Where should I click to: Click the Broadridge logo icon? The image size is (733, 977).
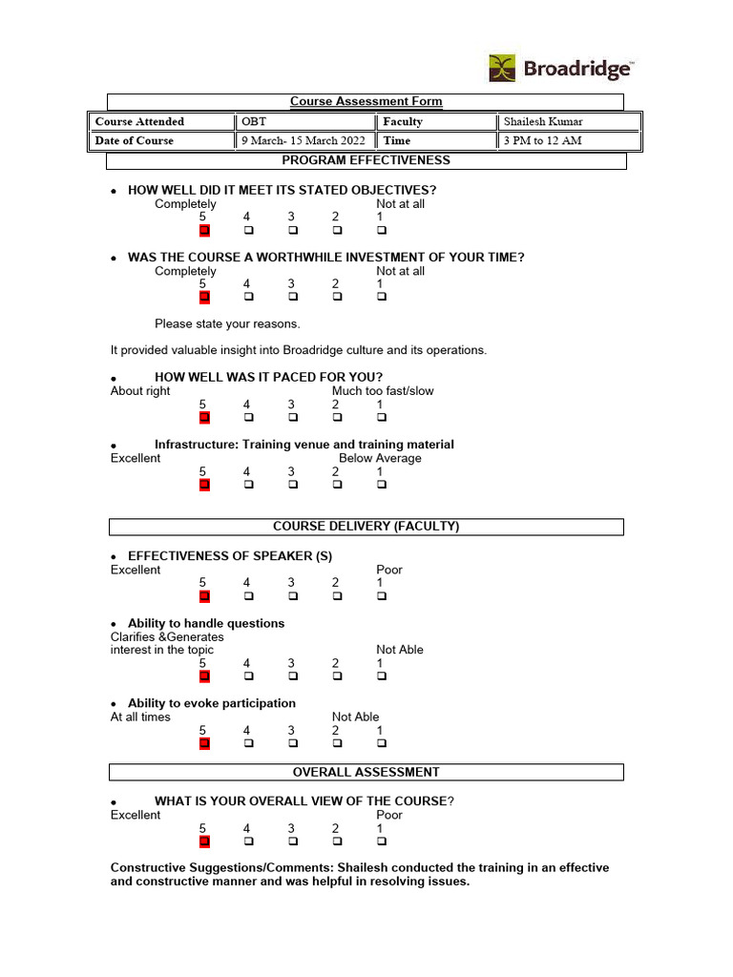click(x=503, y=69)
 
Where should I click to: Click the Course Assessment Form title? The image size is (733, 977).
click(x=366, y=101)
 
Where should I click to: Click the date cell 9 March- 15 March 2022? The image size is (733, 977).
click(x=304, y=140)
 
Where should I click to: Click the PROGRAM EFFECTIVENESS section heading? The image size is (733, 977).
click(x=366, y=160)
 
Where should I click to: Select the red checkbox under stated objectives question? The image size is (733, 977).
click(x=203, y=230)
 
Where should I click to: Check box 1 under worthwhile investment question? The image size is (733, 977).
click(x=381, y=297)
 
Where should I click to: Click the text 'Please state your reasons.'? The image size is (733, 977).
click(x=227, y=323)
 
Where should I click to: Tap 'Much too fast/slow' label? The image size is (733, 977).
click(x=383, y=391)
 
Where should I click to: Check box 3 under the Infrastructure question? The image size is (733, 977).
click(x=292, y=485)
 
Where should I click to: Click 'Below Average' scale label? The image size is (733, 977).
click(x=380, y=458)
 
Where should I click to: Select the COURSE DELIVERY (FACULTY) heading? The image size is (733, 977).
click(x=366, y=527)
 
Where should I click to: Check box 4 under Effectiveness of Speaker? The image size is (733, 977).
click(x=248, y=596)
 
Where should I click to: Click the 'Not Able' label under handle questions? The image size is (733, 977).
click(x=399, y=650)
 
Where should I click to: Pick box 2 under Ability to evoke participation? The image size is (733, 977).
click(x=337, y=743)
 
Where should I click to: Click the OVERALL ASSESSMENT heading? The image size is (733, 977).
click(x=366, y=772)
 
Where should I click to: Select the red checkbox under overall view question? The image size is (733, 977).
click(x=203, y=842)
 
